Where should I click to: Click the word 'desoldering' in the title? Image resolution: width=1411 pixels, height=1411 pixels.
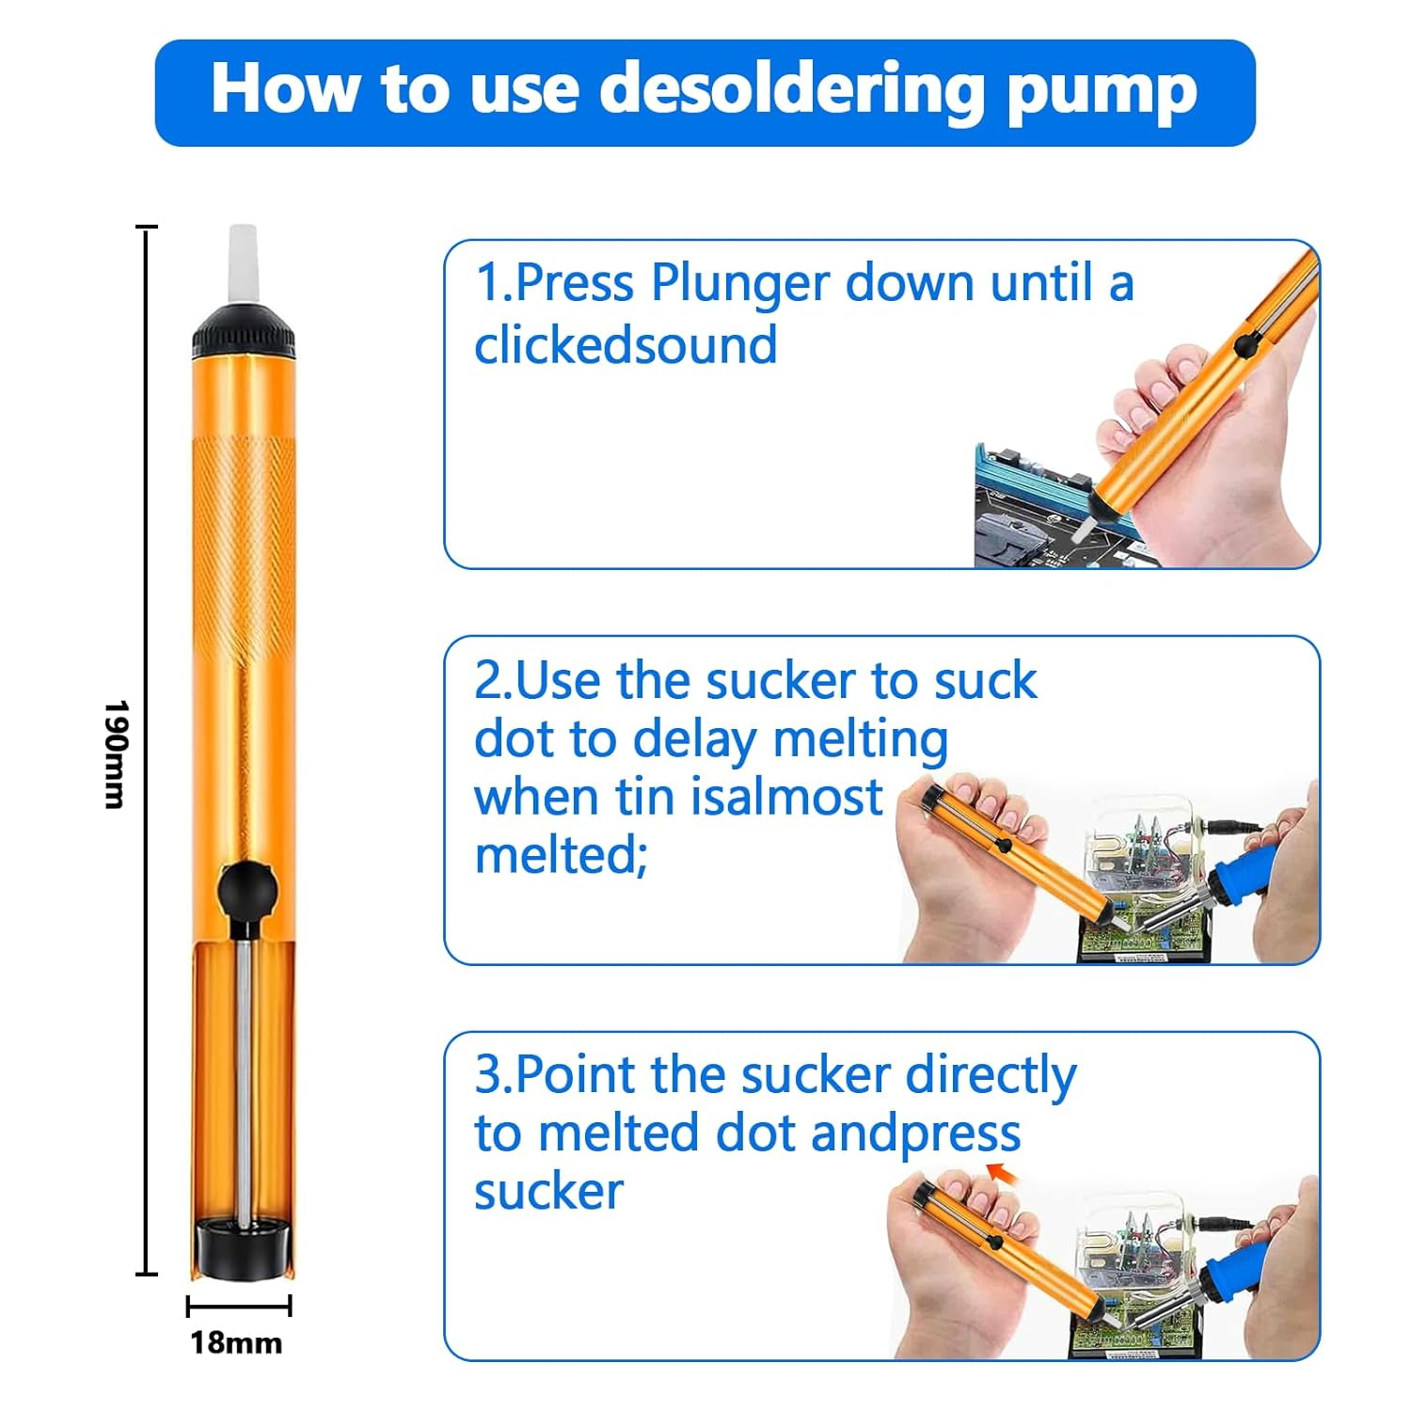(790, 89)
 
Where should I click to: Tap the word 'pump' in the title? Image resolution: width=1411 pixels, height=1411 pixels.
(1102, 92)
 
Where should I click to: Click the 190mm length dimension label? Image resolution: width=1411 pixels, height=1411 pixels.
(116, 753)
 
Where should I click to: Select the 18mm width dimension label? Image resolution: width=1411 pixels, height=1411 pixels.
(236, 1342)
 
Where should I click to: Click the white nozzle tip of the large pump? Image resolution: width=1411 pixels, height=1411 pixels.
(243, 264)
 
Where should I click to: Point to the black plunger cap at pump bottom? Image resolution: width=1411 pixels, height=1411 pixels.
(242, 1246)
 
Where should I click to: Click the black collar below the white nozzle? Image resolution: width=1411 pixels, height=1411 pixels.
(244, 333)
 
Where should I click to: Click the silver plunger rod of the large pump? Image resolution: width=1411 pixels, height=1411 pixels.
(244, 1082)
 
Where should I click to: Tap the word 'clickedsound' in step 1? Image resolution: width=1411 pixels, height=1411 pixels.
(626, 345)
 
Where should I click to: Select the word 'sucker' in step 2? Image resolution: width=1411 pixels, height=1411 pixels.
(780, 680)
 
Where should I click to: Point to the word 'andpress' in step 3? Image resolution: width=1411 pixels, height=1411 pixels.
(914, 1134)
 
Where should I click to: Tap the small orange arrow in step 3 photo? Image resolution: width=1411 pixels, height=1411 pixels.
(1002, 1172)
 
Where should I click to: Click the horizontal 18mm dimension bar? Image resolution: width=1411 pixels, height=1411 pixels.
(239, 1306)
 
